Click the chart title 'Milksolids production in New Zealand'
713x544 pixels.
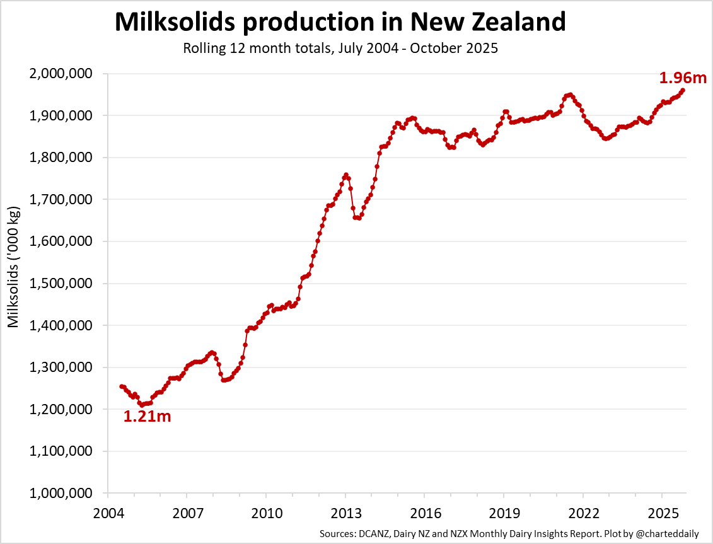340,22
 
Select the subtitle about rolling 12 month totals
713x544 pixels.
340,49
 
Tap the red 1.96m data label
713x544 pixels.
683,78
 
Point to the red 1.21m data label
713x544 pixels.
147,417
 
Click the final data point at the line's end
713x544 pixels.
683,90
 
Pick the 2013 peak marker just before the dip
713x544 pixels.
345,175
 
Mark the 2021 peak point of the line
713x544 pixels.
570,95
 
